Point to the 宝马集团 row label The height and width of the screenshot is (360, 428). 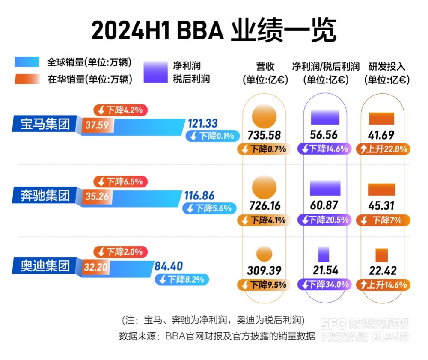45,125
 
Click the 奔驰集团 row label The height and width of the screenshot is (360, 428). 45,196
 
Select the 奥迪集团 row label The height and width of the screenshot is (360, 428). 45,266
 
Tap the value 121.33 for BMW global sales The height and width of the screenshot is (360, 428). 202,124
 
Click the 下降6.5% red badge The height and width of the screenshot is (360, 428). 120,181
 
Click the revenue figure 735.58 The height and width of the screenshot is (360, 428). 264,135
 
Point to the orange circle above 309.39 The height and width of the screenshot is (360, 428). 264,254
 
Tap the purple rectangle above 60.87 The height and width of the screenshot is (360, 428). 325,188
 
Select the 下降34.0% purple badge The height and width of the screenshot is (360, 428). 325,284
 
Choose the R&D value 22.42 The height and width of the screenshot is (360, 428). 382,271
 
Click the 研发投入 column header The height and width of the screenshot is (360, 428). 387,67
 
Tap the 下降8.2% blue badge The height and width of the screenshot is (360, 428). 182,280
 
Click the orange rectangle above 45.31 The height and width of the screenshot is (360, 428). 381,189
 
